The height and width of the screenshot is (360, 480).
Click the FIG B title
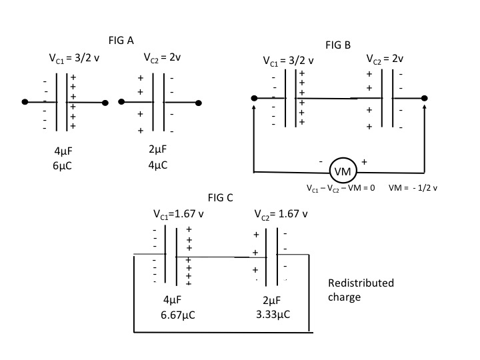point(337,45)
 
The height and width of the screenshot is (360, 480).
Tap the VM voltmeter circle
point(343,172)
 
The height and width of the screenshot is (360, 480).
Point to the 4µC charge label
point(158,163)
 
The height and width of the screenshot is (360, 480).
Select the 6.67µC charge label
point(176,313)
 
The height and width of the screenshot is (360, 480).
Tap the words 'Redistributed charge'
point(361,290)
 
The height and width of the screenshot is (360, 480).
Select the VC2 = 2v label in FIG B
point(385,58)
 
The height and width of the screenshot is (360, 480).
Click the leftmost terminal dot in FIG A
point(25,102)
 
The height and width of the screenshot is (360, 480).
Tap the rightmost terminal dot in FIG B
point(425,98)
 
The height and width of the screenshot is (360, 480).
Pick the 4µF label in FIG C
point(173,300)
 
